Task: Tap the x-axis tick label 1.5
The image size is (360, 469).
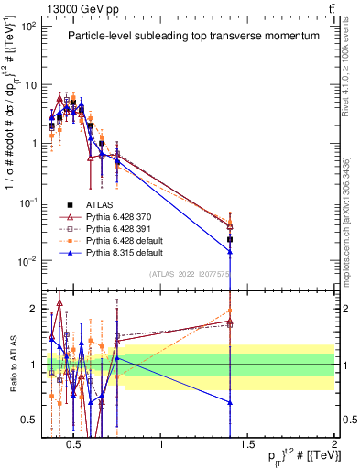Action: (x=247, y=445)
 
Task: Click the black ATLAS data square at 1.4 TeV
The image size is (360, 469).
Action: (x=230, y=239)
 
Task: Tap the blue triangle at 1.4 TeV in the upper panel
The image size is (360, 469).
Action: (x=230, y=251)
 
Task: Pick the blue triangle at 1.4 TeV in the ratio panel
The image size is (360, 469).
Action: (x=230, y=402)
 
